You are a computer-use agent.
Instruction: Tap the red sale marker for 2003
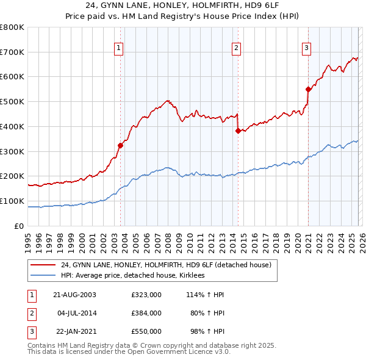point(120,145)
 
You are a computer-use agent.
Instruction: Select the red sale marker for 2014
point(238,130)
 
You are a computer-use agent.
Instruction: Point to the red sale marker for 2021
point(308,89)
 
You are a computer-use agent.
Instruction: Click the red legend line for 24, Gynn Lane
point(43,265)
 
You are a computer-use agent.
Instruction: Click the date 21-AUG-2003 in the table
point(74,295)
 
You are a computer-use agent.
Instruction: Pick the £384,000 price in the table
point(146,313)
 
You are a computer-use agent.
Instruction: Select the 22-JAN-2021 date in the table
point(74,331)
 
